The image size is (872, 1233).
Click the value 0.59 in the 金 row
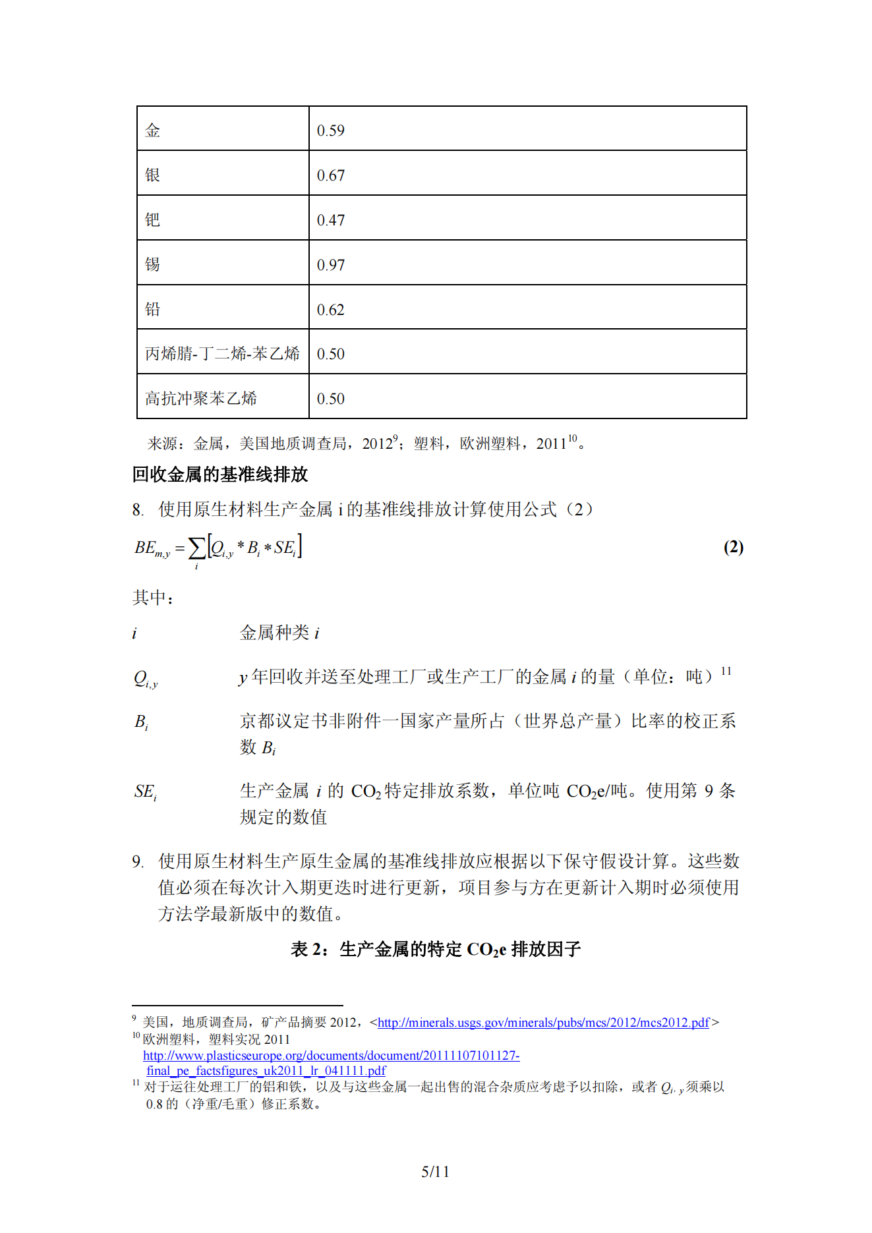click(330, 130)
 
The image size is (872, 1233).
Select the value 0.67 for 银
click(330, 175)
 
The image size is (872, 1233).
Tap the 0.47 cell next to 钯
click(330, 220)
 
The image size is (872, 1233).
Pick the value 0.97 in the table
click(330, 265)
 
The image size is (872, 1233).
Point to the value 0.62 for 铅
click(330, 310)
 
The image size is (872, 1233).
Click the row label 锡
click(152, 264)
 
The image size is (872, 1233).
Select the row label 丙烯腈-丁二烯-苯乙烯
click(222, 354)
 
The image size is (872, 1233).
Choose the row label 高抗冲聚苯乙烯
click(201, 399)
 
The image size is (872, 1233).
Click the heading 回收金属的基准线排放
click(220, 474)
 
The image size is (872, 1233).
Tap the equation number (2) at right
click(733, 547)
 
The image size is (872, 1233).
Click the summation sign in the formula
click(196, 549)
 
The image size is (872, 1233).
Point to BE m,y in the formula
click(152, 548)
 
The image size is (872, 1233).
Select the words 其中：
click(153, 598)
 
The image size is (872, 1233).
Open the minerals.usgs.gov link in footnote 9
click(543, 1022)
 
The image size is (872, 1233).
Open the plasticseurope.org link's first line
click(331, 1055)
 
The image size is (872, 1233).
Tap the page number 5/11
click(435, 1171)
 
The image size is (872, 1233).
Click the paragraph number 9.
click(137, 861)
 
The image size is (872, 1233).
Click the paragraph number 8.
click(137, 509)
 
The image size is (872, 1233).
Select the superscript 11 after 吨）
click(726, 671)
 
